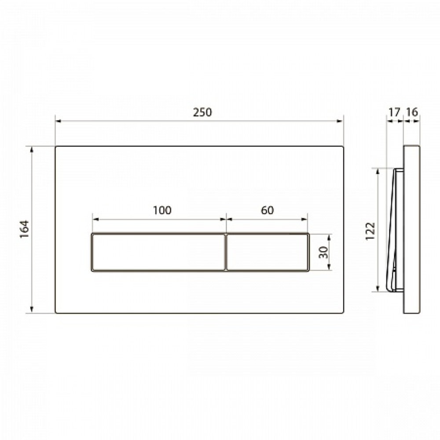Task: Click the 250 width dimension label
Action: click(x=202, y=112)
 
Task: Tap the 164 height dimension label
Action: click(x=25, y=229)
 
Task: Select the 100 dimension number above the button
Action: click(x=162, y=210)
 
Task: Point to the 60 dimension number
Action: click(x=267, y=210)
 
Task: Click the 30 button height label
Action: click(x=323, y=252)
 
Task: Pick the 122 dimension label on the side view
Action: click(x=370, y=231)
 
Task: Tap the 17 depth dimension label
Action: click(x=394, y=112)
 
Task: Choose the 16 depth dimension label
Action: click(x=412, y=112)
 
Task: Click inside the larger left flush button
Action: click(x=158, y=252)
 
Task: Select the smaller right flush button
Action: click(x=268, y=252)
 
